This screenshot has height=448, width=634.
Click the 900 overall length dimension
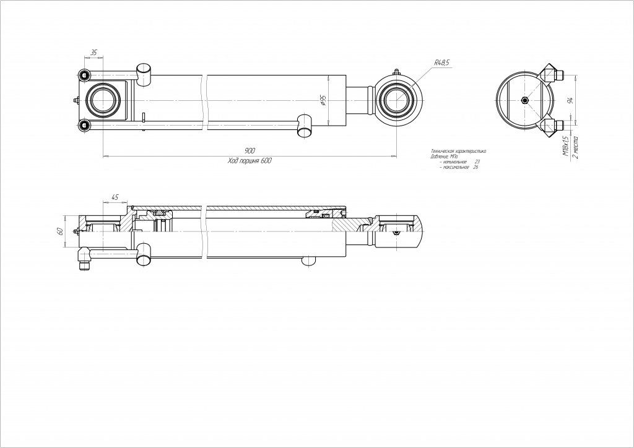[x=250, y=151]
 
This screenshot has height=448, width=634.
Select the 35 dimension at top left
[x=93, y=53]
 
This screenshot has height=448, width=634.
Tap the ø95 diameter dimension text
[x=323, y=100]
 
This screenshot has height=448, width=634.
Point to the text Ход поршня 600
[x=250, y=160]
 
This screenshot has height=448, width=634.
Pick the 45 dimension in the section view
[x=115, y=197]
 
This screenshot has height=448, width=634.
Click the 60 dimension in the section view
[x=60, y=231]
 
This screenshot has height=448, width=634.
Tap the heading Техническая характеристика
[x=458, y=151]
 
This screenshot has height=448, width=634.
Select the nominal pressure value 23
[x=476, y=162]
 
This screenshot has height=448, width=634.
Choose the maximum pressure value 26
[x=475, y=167]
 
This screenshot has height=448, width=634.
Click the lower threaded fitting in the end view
[x=553, y=126]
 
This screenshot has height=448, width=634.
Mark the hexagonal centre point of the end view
[x=525, y=101]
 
